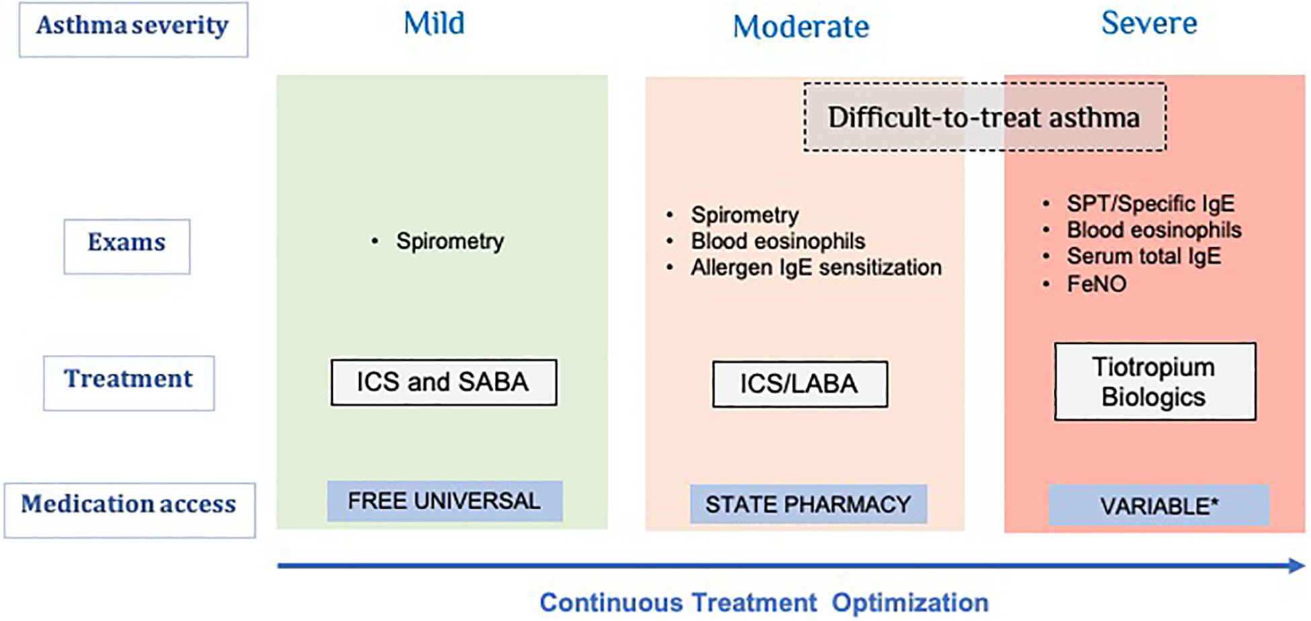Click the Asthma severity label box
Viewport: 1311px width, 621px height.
pyautogui.click(x=133, y=30)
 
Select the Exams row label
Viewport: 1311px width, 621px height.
pyautogui.click(x=127, y=247)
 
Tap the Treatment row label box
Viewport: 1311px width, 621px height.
pyautogui.click(x=129, y=383)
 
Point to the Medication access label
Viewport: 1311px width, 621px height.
pyautogui.click(x=130, y=510)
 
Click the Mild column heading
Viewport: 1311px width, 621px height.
pyautogui.click(x=434, y=24)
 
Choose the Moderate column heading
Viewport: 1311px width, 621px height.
pyautogui.click(x=801, y=27)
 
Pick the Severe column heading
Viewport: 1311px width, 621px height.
pyautogui.click(x=1149, y=24)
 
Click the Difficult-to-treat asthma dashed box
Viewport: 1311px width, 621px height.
pyautogui.click(x=985, y=117)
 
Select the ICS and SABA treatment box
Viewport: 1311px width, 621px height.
pyautogui.click(x=444, y=382)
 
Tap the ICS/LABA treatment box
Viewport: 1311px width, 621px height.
pyautogui.click(x=800, y=384)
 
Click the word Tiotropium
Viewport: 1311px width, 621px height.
pyautogui.click(x=1154, y=368)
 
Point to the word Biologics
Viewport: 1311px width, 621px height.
pyautogui.click(x=1154, y=397)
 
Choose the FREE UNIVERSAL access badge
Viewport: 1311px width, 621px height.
pyautogui.click(x=444, y=501)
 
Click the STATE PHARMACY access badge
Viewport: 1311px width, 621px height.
pyautogui.click(x=808, y=505)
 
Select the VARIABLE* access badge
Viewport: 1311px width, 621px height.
pyautogui.click(x=1159, y=505)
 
